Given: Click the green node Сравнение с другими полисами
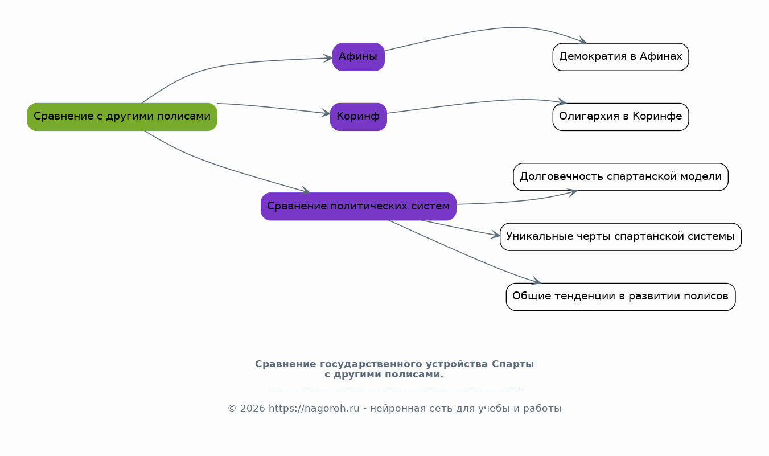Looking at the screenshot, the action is [122, 117].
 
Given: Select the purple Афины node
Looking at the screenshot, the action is [359, 57].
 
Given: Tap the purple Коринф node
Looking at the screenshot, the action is [359, 117].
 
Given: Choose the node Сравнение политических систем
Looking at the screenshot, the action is [359, 207].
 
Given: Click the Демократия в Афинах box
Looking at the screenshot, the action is [620, 57].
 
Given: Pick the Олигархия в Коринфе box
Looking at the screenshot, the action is [620, 117].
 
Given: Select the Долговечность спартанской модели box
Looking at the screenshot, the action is [620, 177].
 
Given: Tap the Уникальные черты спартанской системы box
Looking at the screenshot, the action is [620, 237].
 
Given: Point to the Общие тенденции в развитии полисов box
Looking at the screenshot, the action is [620, 297].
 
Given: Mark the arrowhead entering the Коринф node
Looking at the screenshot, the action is [326, 113].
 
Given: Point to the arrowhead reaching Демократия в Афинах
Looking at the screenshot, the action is [582, 40].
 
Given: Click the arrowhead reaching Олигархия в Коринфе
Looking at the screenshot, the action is [561, 101].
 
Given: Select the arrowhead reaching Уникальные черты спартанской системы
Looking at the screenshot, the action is [495, 235].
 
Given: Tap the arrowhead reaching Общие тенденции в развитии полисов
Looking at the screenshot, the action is [536, 281].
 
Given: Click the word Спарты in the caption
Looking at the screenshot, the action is [512, 364].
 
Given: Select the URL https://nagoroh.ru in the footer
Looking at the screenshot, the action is [314, 409].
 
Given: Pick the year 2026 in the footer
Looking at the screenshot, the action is [252, 409].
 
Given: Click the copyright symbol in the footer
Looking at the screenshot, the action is [232, 409].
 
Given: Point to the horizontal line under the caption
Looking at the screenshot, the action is [394, 391].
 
